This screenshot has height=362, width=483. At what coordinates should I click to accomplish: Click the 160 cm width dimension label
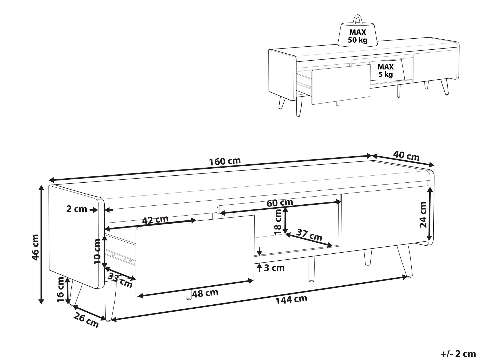(225, 161)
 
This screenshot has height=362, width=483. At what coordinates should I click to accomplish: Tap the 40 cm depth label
(406, 156)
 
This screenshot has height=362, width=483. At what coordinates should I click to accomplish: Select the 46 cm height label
(35, 247)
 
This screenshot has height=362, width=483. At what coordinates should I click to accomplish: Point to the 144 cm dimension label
(291, 300)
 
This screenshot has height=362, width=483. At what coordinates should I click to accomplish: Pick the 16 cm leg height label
(61, 290)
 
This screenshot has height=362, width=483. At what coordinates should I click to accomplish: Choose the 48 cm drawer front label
(205, 293)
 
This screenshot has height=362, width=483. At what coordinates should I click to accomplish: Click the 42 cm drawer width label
(155, 220)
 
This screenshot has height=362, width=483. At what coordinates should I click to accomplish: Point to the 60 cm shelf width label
(280, 203)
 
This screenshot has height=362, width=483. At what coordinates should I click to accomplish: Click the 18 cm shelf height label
(278, 221)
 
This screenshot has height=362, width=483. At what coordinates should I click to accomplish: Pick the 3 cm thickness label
(274, 268)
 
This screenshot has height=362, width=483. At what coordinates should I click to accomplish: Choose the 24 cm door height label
(423, 215)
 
